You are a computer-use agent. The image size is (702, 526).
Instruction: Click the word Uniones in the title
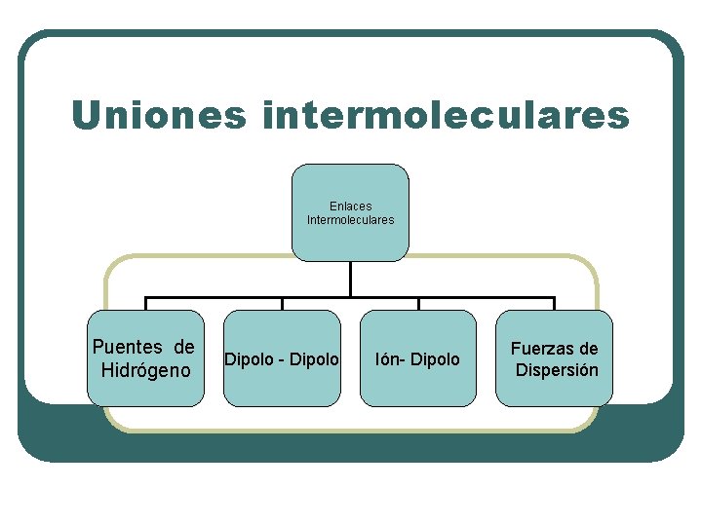pyautogui.click(x=156, y=115)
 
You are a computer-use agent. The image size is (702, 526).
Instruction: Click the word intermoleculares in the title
pyautogui.click(x=446, y=115)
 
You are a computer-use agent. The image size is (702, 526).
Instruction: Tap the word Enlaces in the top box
pyautogui.click(x=350, y=207)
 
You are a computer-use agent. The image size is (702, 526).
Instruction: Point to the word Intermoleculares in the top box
pyautogui.click(x=350, y=220)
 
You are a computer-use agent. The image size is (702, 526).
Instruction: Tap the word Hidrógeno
pyautogui.click(x=145, y=370)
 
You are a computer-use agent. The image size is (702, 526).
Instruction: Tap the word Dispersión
pyautogui.click(x=557, y=370)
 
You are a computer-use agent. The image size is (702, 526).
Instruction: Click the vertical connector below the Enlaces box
pyautogui.click(x=350, y=279)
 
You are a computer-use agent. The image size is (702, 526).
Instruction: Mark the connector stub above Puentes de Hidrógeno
pyautogui.click(x=146, y=303)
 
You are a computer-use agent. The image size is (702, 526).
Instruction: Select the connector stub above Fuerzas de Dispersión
pyautogui.click(x=554, y=303)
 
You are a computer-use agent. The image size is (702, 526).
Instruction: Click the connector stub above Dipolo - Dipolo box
pyautogui.click(x=283, y=303)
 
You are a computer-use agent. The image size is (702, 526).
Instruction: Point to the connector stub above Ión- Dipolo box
pyautogui.click(x=418, y=303)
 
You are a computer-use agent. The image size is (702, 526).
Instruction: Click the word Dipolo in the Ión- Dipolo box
pyautogui.click(x=435, y=359)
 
